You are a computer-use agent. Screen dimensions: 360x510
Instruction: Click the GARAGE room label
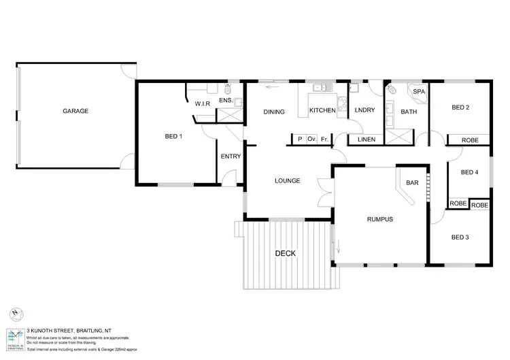click(75, 110)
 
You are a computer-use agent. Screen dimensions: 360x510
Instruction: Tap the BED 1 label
click(173, 137)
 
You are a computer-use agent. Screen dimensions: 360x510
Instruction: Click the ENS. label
click(226, 101)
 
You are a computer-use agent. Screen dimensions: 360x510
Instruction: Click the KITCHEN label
click(322, 110)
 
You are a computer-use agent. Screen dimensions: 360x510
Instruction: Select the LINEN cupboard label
click(366, 140)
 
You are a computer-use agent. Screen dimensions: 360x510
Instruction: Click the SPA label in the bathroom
click(420, 91)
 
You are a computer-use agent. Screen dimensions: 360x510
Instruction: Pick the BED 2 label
click(460, 108)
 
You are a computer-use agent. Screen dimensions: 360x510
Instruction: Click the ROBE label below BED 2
click(470, 140)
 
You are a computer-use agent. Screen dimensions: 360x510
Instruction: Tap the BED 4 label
click(470, 172)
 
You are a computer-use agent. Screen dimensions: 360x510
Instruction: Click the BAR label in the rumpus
click(411, 183)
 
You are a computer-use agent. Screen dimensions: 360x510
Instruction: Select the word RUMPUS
click(380, 219)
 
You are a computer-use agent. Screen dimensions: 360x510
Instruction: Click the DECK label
click(286, 254)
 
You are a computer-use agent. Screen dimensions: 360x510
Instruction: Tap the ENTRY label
click(231, 157)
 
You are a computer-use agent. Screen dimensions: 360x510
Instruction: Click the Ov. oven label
click(312, 140)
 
